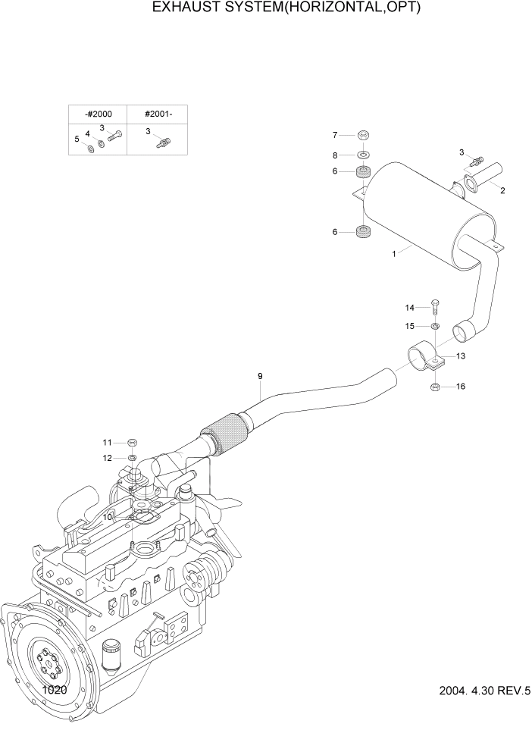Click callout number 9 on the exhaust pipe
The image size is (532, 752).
(x=260, y=376)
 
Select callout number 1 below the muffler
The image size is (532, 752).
(x=394, y=254)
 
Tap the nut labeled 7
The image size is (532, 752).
(x=364, y=135)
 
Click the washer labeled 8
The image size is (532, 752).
(x=364, y=155)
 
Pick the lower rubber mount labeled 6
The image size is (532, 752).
(x=364, y=231)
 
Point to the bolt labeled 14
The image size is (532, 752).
(x=435, y=306)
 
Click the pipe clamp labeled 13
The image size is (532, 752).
(x=424, y=356)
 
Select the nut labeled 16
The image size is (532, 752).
(x=435, y=387)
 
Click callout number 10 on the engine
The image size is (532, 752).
(x=108, y=515)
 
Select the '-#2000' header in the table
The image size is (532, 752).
(x=98, y=114)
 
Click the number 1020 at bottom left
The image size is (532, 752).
(x=55, y=691)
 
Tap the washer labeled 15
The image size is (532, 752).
(x=435, y=326)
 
